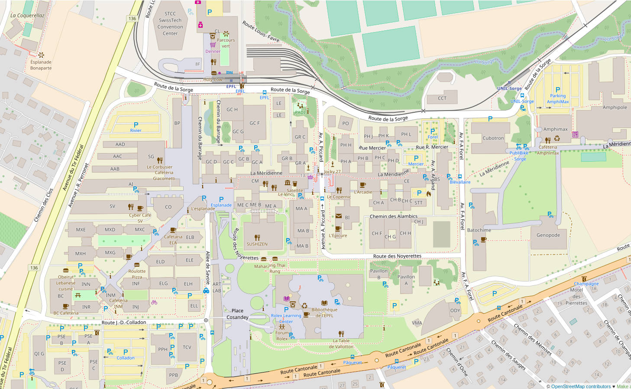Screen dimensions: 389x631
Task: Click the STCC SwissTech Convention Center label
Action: pyautogui.click(x=170, y=23)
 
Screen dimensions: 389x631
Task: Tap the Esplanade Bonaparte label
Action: pyautogui.click(x=41, y=65)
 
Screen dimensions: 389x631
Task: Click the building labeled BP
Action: pyautogui.click(x=177, y=123)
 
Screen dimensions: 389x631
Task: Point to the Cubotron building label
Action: pyautogui.click(x=493, y=138)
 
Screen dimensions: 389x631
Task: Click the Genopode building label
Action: pyautogui.click(x=548, y=235)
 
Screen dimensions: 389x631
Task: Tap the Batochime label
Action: pyautogui.click(x=479, y=230)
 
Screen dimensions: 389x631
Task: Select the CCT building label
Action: pyautogui.click(x=442, y=98)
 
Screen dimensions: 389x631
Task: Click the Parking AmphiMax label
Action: pyautogui.click(x=558, y=99)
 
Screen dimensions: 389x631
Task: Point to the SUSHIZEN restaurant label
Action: pyautogui.click(x=257, y=244)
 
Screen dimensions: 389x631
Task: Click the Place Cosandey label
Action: pyautogui.click(x=237, y=314)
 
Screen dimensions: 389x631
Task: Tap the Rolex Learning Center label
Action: pyautogui.click(x=286, y=318)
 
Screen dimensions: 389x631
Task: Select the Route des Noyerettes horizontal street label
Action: pyautogui.click(x=397, y=256)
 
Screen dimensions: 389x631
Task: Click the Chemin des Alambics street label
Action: pyautogui.click(x=393, y=216)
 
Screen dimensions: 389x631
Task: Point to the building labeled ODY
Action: pyautogui.click(x=455, y=311)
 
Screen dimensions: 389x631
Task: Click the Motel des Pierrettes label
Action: pyautogui.click(x=576, y=297)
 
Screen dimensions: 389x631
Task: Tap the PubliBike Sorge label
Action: pyautogui.click(x=519, y=156)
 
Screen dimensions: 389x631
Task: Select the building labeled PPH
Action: pyautogui.click(x=163, y=349)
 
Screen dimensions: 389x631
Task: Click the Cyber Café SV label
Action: pyautogui.click(x=140, y=218)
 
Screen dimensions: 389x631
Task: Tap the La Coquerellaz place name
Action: pyautogui.click(x=27, y=16)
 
